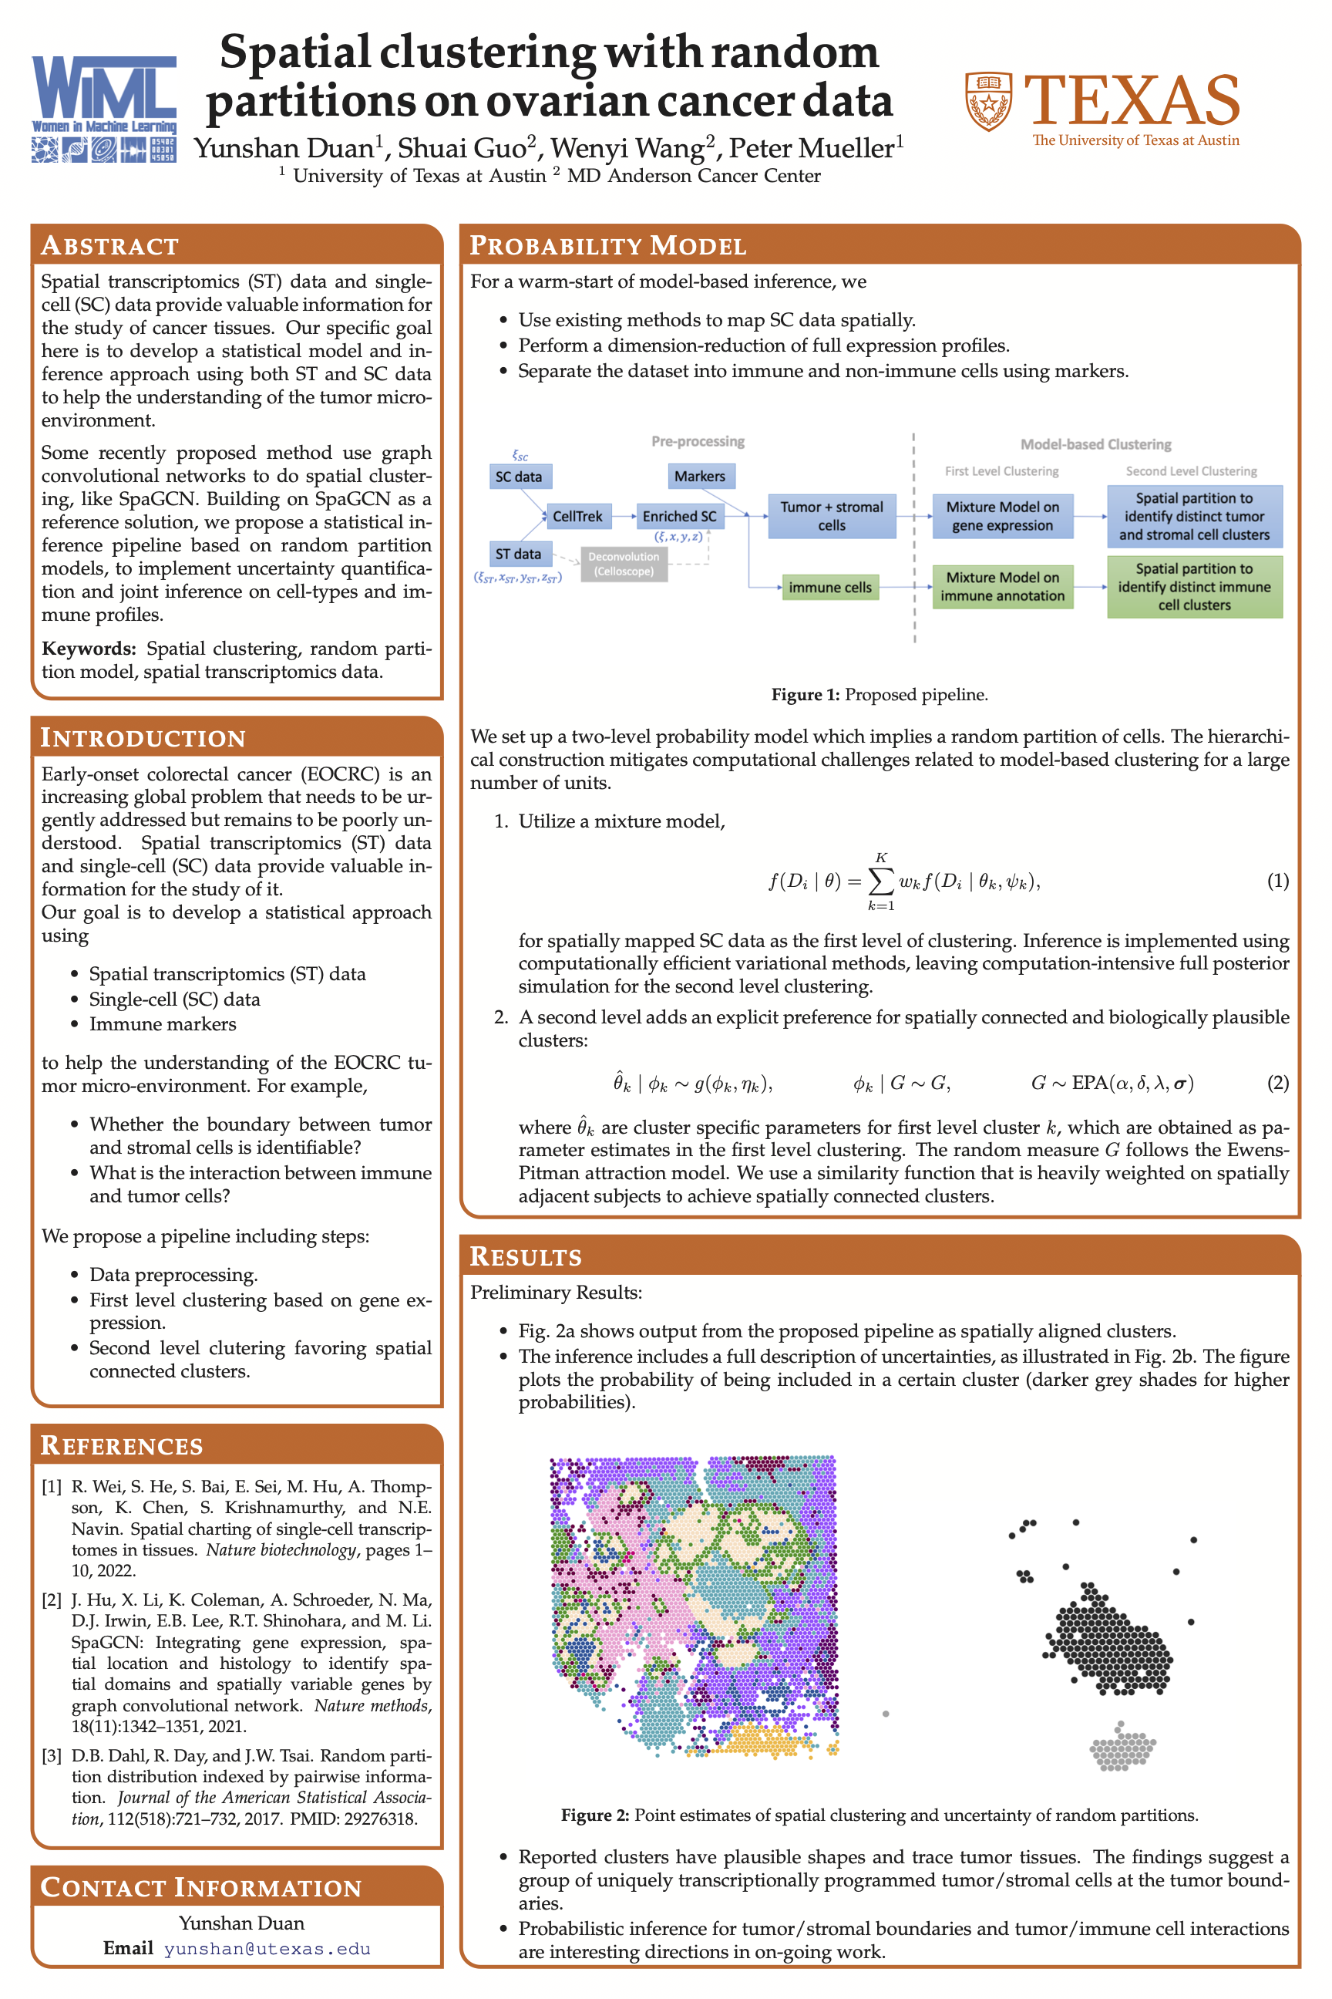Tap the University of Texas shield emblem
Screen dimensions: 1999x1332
989,101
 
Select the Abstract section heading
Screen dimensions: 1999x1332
109,245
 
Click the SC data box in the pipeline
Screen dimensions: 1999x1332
519,476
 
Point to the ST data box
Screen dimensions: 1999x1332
518,553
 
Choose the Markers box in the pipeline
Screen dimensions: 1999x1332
699,476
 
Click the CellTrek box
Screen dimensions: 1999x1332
577,516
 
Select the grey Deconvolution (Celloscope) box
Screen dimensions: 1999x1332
624,564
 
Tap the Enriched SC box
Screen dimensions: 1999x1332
679,516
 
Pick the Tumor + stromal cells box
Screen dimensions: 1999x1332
832,516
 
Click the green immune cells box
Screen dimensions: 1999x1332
830,588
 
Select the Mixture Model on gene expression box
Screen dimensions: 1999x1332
1002,516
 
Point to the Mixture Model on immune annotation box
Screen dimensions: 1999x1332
1002,586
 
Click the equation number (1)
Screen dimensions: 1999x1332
1277,881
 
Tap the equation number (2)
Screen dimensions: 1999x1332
1277,1083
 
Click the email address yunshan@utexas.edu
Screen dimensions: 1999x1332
267,1948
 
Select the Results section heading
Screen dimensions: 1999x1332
526,1256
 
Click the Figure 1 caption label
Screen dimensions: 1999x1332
805,694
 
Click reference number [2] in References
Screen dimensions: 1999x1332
52,1600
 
